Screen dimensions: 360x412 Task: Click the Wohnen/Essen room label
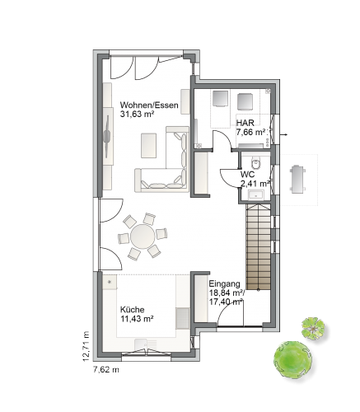pos(149,105)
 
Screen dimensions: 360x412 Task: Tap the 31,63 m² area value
pos(137,114)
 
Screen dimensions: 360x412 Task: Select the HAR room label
pos(245,123)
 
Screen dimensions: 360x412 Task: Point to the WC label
pos(247,175)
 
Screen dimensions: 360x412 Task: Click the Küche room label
pos(133,310)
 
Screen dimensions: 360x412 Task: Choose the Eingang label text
pos(225,283)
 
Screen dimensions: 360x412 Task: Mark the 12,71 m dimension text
pos(86,346)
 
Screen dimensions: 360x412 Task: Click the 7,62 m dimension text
pos(106,370)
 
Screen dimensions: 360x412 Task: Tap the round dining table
pos(143,236)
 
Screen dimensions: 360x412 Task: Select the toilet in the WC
pos(256,163)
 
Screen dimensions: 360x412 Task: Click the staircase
pos(259,246)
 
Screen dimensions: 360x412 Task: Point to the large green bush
pos(292,360)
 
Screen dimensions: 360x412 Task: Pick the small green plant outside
pos(313,328)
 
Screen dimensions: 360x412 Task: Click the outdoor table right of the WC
pos(297,179)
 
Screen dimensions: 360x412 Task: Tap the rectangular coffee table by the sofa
pos(149,146)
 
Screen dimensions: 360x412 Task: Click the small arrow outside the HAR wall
pos(284,134)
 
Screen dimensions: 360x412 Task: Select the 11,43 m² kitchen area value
pos(137,319)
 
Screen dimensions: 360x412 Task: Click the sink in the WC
pos(255,195)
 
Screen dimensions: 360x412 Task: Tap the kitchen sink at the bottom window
pos(146,344)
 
